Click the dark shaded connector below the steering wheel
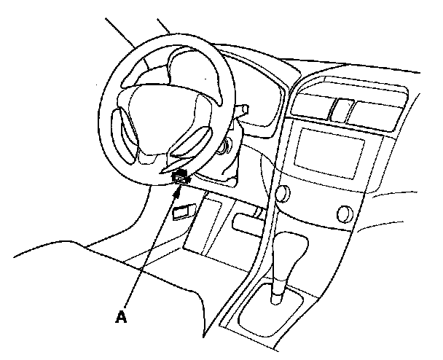(180, 176)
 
